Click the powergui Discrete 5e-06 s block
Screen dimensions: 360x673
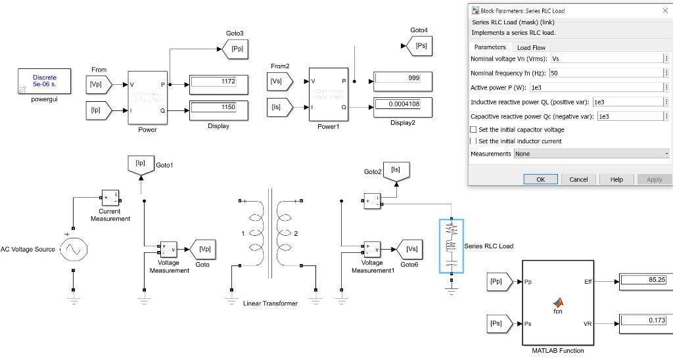(45, 81)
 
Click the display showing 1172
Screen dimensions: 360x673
(218, 81)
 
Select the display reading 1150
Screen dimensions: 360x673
(218, 107)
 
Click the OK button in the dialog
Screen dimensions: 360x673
(540, 179)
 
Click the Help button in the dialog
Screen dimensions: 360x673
(616, 179)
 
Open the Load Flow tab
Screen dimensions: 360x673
(531, 47)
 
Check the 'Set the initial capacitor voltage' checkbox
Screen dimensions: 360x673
(474, 130)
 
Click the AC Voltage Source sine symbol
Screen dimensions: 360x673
(73, 250)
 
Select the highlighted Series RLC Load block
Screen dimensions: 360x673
(452, 246)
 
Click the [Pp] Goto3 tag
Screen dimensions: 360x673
(236, 48)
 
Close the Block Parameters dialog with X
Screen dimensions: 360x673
(664, 11)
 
